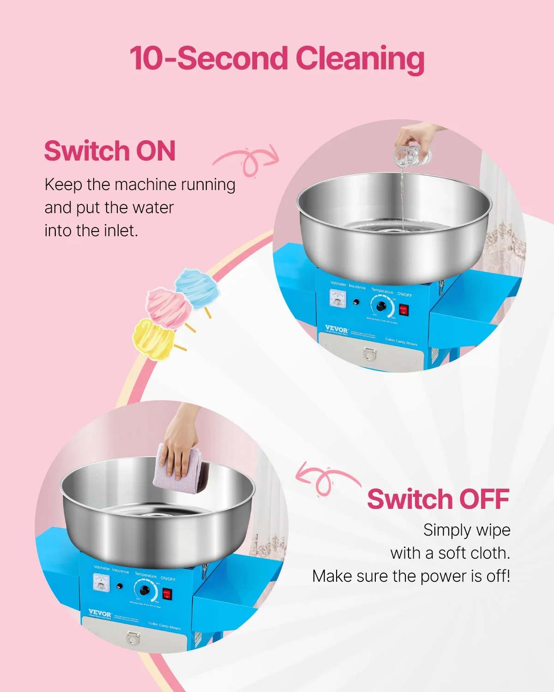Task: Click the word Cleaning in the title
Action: pos(360,59)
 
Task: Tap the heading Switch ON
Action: pos(110,151)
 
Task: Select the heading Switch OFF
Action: pos(438,499)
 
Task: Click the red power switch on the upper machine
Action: pos(404,310)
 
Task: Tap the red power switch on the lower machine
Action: pos(167,594)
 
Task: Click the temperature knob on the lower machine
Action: pos(145,591)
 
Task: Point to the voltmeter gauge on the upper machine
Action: pos(337,298)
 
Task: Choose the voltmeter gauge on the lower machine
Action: pos(101,583)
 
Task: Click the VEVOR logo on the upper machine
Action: pos(336,329)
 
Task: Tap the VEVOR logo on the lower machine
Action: pos(100,614)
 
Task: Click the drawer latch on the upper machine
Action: pos(370,354)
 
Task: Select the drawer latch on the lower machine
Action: pos(133,638)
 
